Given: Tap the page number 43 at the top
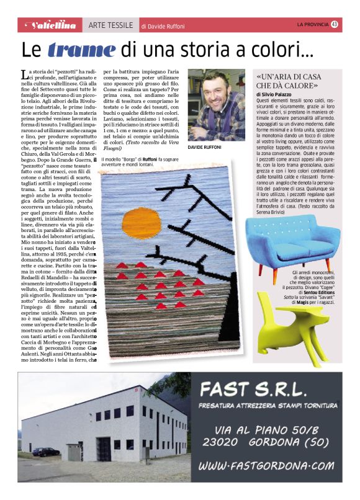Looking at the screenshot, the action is tap(334, 24).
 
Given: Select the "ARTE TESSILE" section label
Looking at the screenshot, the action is tap(110, 25).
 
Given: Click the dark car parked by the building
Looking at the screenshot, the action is tap(46, 452).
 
